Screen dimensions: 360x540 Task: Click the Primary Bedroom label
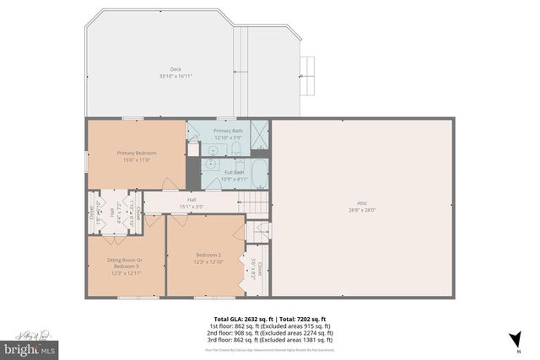(x=136, y=153)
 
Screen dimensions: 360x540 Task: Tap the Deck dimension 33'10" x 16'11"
(x=175, y=77)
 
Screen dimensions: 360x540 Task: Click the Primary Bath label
(x=228, y=131)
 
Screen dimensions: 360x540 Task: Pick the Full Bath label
(x=232, y=172)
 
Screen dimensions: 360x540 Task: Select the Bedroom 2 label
(x=208, y=255)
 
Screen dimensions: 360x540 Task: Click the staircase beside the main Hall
(x=253, y=202)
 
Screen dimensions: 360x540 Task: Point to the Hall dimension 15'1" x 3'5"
(x=192, y=206)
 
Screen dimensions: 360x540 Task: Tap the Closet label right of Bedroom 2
(x=260, y=268)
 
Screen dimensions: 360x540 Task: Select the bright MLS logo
(x=30, y=347)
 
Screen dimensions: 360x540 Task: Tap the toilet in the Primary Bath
(x=238, y=148)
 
